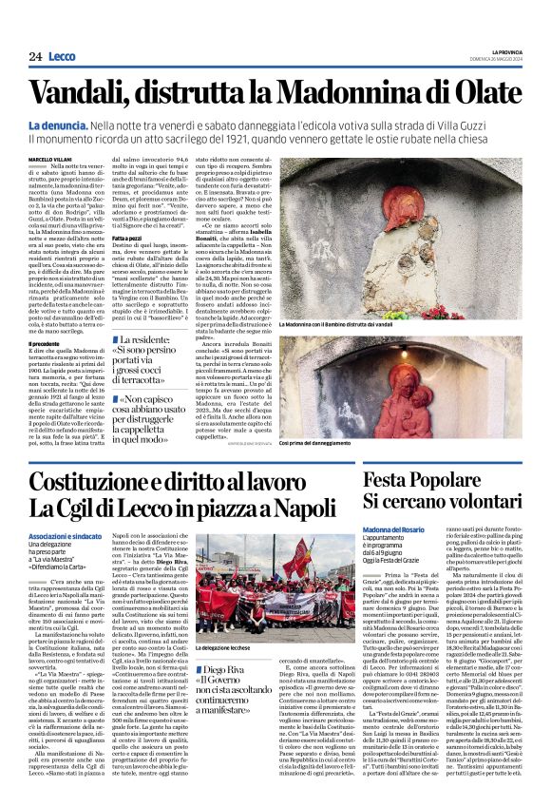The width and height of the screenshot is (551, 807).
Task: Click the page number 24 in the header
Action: (34, 57)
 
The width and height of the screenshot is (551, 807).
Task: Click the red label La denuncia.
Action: (56, 125)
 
